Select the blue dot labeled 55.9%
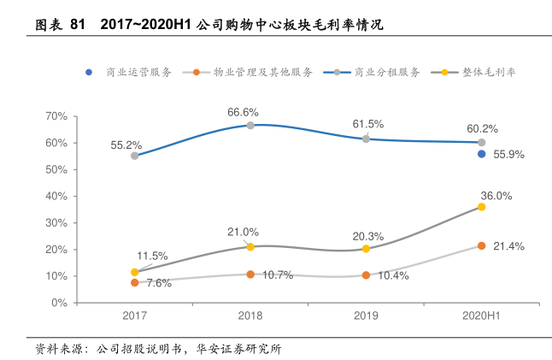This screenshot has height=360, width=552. [482, 154]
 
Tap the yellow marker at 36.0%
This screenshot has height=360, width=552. [482, 207]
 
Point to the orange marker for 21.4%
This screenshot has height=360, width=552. [482, 245]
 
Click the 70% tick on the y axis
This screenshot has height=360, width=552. [56, 115]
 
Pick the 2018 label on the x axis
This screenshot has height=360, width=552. [250, 316]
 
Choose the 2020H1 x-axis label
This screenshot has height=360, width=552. [481, 316]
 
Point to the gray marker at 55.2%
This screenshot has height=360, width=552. [135, 156]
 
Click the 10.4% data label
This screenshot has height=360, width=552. [392, 275]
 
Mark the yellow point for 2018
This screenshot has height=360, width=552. [250, 246]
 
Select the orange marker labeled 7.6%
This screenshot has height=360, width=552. [135, 282]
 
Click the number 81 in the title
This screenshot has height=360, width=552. [78, 25]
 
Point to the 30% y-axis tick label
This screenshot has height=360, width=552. [56, 222]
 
